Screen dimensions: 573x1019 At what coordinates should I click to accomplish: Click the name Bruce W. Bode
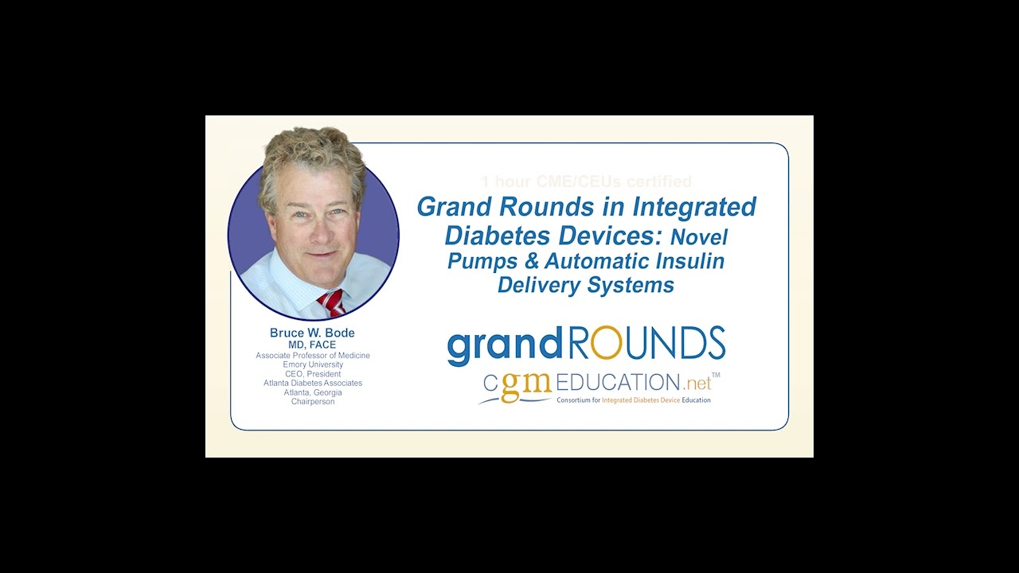[x=312, y=333]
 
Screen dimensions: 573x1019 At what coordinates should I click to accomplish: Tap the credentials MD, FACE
[x=312, y=345]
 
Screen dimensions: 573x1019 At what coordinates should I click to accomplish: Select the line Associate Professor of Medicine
[x=313, y=356]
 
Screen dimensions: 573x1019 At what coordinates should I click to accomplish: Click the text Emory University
[x=313, y=364]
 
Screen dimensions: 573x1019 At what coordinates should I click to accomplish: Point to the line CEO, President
[x=313, y=374]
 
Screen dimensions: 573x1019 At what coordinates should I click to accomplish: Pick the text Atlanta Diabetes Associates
[x=313, y=383]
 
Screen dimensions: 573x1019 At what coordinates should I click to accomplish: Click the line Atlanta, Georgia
[x=313, y=392]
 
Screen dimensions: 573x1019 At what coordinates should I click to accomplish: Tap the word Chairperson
[x=313, y=402]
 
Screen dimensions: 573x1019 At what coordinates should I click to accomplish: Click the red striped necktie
[x=331, y=302]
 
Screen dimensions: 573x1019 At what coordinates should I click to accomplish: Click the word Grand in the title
[x=454, y=207]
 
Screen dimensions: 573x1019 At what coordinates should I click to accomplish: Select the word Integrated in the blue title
[x=694, y=207]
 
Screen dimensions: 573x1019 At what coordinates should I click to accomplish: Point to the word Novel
[x=698, y=236]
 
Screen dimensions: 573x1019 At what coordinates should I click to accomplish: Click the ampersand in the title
[x=525, y=261]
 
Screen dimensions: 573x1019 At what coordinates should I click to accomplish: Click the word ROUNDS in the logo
[x=646, y=344]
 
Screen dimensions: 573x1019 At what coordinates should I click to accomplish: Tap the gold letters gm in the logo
[x=526, y=385]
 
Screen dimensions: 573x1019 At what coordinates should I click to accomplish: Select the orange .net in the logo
[x=696, y=383]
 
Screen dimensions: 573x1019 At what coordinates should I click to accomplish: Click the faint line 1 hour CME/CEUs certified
[x=586, y=182]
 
